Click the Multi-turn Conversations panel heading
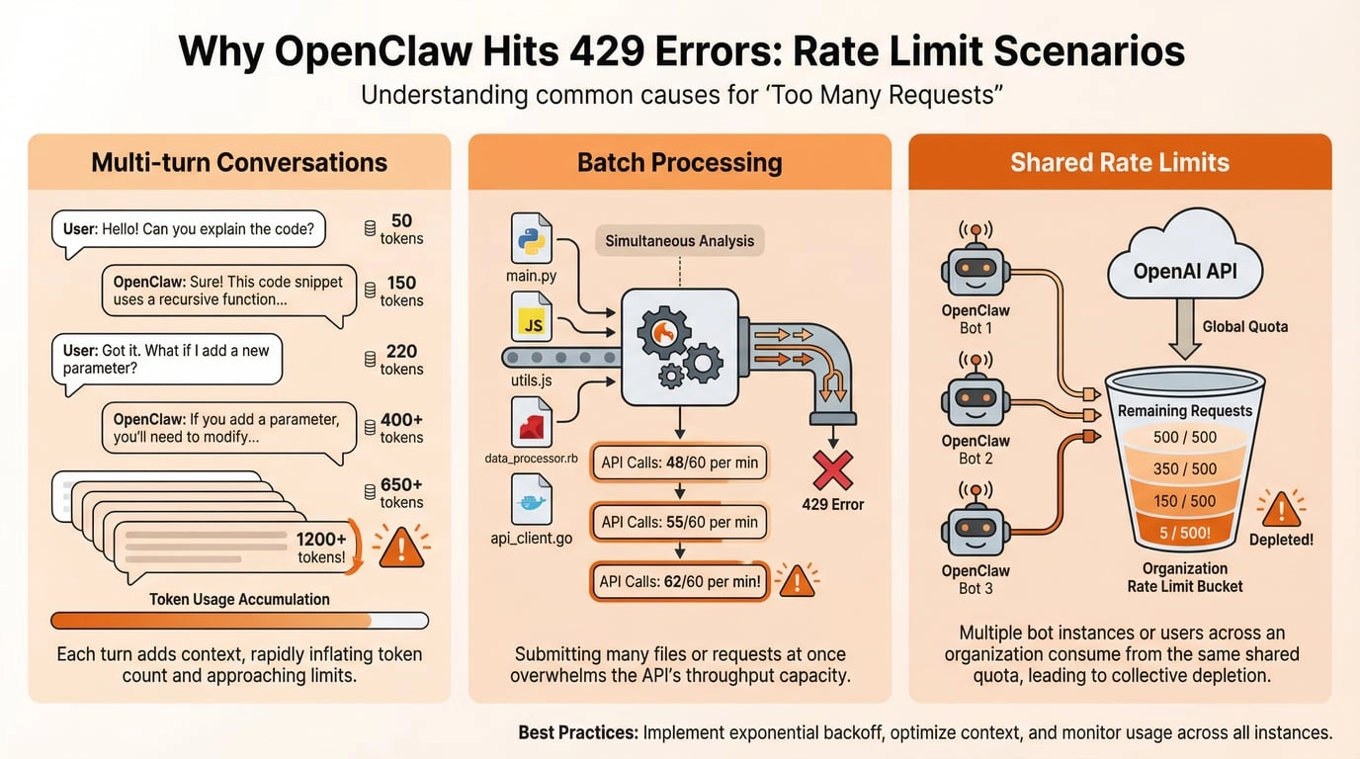pyautogui.click(x=239, y=162)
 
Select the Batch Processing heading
pyautogui.click(x=679, y=162)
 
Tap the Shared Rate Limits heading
pyautogui.click(x=1120, y=162)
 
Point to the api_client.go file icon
pyautogui.click(x=531, y=499)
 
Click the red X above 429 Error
pyautogui.click(x=832, y=469)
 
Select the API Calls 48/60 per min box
pyautogui.click(x=679, y=463)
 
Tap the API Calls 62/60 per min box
pyautogui.click(x=681, y=581)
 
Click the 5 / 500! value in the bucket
pyautogui.click(x=1185, y=534)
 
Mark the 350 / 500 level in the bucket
pyautogui.click(x=1185, y=468)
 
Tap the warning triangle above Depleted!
pyautogui.click(x=1282, y=508)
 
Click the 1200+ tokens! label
pyautogui.click(x=320, y=548)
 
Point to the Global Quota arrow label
pyautogui.click(x=1244, y=327)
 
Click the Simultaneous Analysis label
pyautogui.click(x=679, y=240)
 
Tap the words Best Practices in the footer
pyautogui.click(x=578, y=733)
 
